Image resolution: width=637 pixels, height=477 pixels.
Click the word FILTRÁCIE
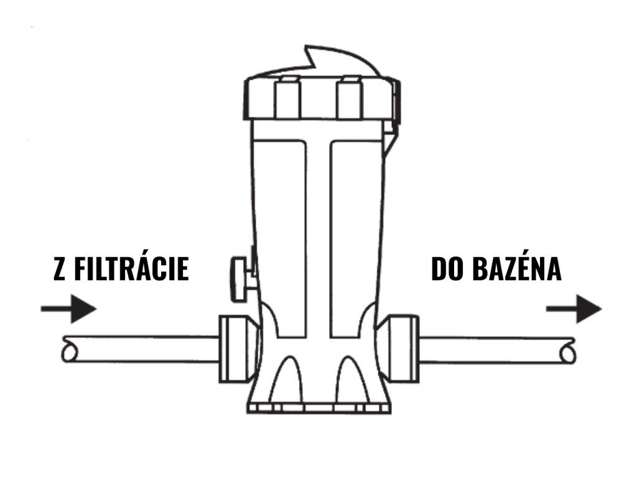131,270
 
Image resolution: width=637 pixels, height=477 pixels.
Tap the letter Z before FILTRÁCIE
60,270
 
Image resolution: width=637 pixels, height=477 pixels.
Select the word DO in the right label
444,270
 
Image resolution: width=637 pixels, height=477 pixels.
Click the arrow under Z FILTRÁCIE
69,309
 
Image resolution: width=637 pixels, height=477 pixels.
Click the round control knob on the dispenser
239,279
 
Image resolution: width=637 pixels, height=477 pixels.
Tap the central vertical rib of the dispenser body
318,236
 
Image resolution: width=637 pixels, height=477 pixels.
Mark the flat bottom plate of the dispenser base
318,408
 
